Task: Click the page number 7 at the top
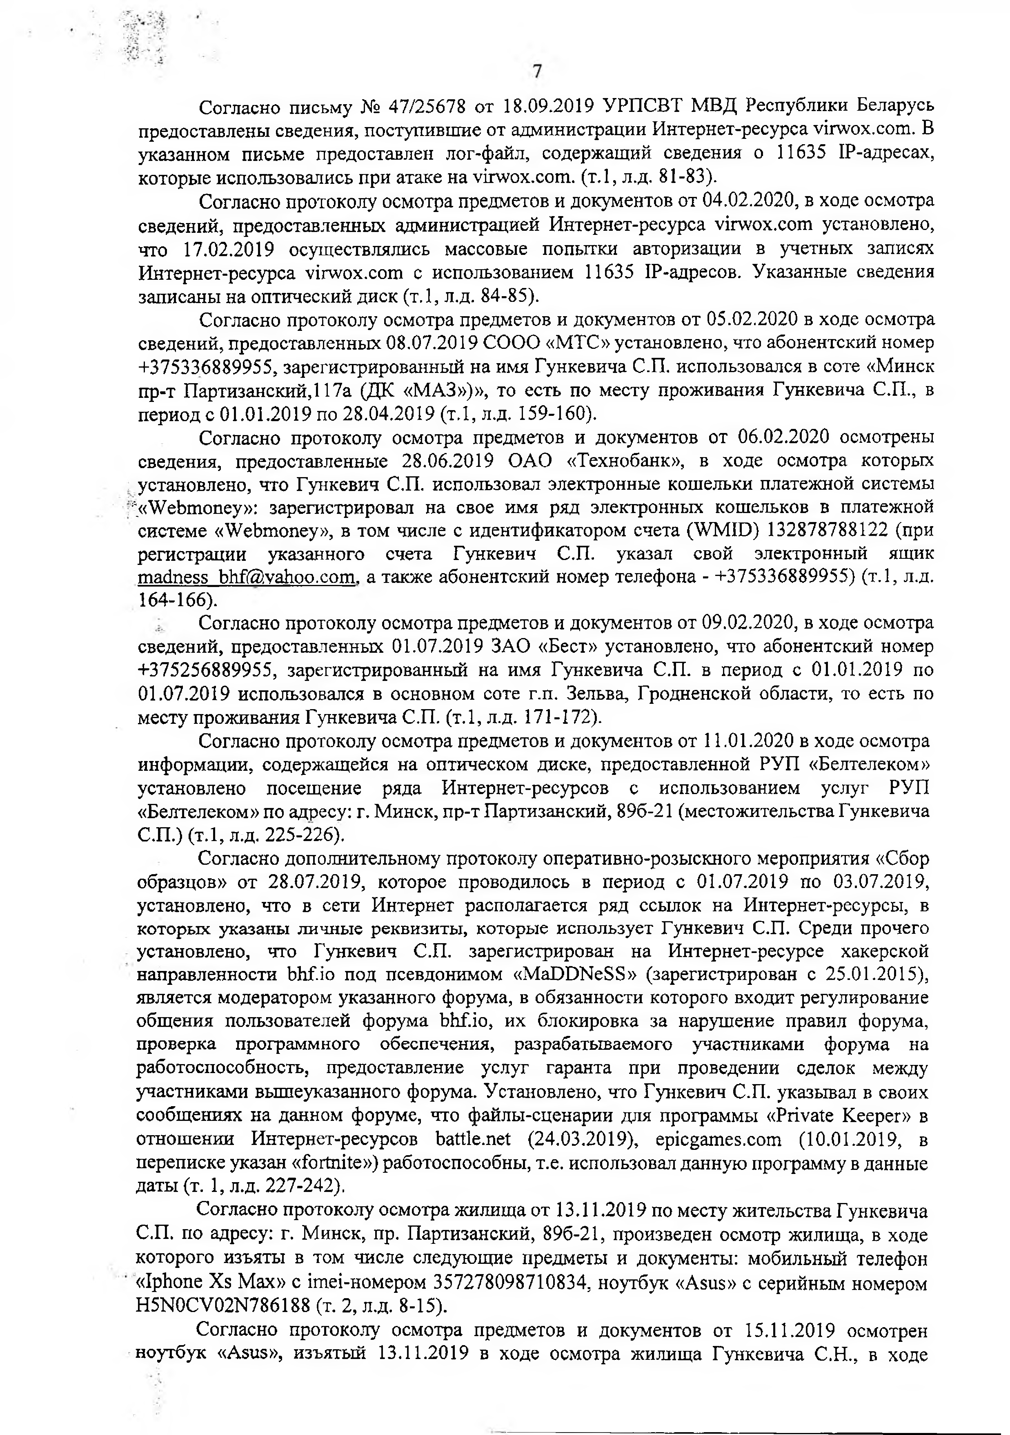(536, 72)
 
